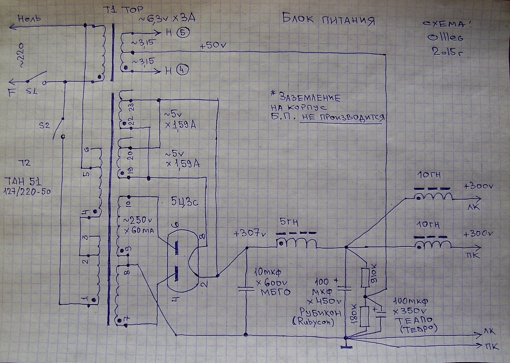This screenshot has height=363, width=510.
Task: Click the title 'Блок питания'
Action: [329, 20]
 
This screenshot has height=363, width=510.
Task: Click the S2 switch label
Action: [44, 126]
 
